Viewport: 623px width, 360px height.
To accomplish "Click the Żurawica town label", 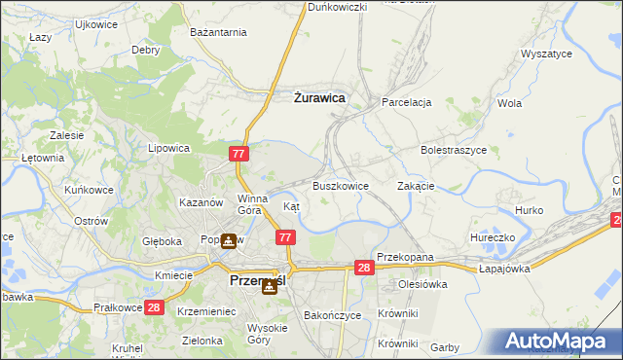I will pos(319,97).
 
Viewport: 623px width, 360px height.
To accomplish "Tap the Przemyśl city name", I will pos(257,280).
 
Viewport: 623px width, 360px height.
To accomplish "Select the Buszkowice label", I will pos(340,185).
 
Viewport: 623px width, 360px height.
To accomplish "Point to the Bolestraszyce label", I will pos(453,151).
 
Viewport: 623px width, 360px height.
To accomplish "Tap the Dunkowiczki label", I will pos(337,7).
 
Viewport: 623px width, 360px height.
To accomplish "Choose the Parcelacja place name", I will pos(406,101).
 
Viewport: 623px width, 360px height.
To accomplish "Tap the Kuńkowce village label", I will pos(89,190).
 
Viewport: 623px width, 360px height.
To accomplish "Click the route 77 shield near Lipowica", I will pos(240,154).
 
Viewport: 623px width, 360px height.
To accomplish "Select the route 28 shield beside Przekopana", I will pos(364,268).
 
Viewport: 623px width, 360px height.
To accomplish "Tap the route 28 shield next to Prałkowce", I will pos(154,307).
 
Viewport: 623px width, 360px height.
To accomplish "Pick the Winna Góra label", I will pos(250,204).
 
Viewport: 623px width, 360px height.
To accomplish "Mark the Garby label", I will pos(445,347).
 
